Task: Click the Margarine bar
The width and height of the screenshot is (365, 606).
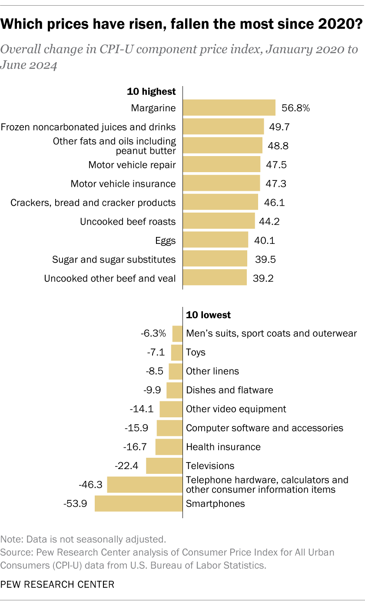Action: (x=229, y=108)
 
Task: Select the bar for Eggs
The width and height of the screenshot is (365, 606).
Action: (x=215, y=240)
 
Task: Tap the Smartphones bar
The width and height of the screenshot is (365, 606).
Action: (x=139, y=503)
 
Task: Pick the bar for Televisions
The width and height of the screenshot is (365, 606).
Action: (x=164, y=466)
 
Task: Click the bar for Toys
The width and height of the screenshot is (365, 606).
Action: (x=177, y=352)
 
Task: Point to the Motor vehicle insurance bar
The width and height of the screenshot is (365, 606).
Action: (x=221, y=183)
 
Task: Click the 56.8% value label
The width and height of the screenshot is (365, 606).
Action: (x=295, y=108)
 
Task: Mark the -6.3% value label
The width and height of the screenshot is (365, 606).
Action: (x=153, y=333)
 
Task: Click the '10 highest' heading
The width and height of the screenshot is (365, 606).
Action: (x=151, y=91)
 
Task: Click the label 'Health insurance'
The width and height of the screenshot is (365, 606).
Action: (x=223, y=447)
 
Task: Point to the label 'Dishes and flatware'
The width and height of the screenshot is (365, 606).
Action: (x=229, y=390)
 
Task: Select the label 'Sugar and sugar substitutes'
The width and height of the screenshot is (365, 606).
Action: (x=114, y=260)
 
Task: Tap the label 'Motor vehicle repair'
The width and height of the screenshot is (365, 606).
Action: (x=132, y=165)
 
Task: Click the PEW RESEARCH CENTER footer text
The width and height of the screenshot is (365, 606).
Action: (x=57, y=584)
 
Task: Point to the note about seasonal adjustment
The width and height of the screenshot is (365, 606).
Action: (x=83, y=539)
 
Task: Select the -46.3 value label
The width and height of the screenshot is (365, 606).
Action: (x=90, y=485)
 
